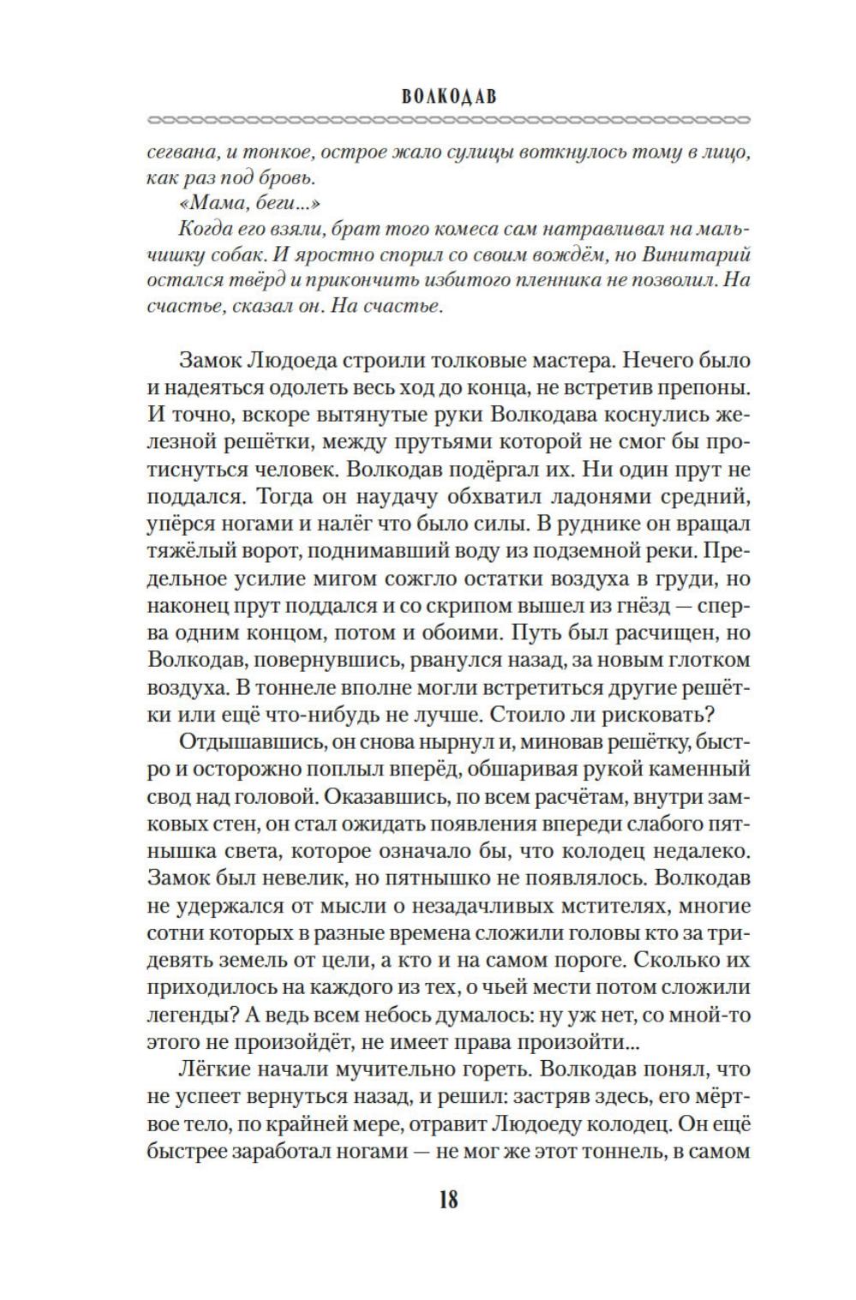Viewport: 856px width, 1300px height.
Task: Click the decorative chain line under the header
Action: [448, 117]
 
